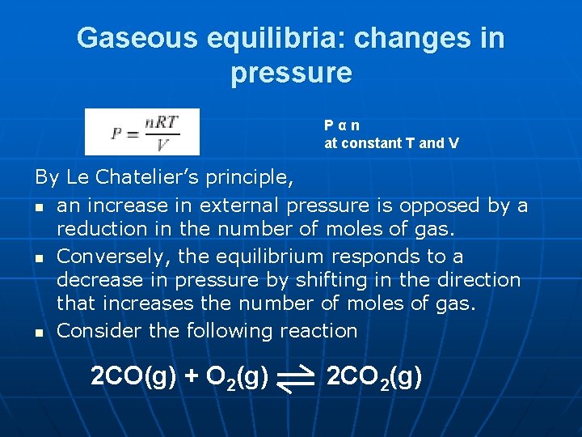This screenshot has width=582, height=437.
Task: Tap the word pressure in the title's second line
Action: click(291, 73)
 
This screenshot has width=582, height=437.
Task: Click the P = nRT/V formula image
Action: click(142, 132)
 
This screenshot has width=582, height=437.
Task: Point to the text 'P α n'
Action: click(342, 125)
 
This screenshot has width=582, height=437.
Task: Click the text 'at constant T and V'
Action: click(391, 143)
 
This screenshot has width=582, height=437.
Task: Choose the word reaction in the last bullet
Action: click(318, 331)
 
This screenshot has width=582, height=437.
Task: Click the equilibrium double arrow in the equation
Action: click(295, 379)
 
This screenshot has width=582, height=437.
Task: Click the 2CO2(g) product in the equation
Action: click(373, 377)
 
